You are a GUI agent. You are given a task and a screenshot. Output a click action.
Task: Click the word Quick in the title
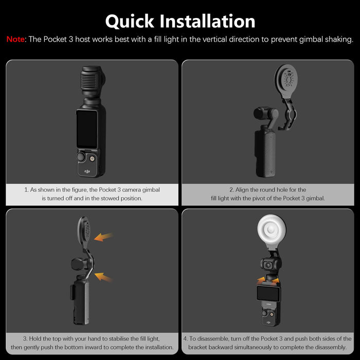point(130,21)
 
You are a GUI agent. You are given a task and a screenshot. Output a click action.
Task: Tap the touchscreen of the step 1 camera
point(87,129)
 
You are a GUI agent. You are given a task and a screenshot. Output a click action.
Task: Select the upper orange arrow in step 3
point(104,237)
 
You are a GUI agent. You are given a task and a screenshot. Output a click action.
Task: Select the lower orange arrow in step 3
point(104,277)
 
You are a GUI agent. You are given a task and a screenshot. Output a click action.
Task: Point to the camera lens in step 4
point(268,266)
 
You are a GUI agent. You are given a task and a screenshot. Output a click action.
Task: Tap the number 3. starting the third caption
point(26,339)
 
